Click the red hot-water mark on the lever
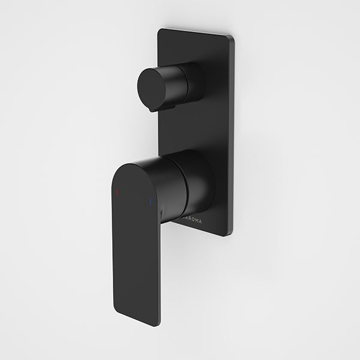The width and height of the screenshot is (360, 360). pyautogui.click(x=116, y=193)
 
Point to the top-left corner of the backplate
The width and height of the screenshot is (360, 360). pyautogui.click(x=160, y=30)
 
